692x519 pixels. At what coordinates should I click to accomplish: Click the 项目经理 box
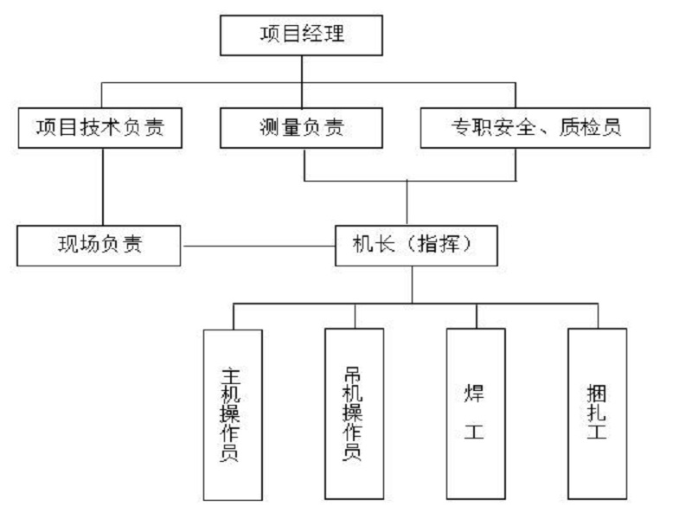pos(301,35)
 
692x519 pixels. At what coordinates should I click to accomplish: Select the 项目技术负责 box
pos(100,128)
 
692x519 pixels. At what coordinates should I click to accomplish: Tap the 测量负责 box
pos(301,128)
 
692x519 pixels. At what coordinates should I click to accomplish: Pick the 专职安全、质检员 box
pos(535,128)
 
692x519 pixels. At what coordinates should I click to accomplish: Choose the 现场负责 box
pos(99,246)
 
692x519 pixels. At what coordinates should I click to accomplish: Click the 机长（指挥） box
pos(417,246)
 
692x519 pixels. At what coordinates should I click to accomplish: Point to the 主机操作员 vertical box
pos(233,415)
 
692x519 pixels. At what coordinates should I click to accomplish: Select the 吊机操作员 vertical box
pos(355,414)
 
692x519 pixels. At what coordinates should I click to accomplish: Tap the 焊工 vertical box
pos(476,414)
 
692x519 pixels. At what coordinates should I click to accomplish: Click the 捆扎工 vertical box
pos(598,414)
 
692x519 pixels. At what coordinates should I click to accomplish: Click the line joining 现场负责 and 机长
pos(259,246)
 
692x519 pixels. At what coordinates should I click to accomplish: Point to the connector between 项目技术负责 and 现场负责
pos(103,187)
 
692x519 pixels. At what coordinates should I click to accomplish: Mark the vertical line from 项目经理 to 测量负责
pos(302,82)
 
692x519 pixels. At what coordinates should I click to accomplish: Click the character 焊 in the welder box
pos(474,394)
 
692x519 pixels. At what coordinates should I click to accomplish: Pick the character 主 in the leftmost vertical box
pos(230,376)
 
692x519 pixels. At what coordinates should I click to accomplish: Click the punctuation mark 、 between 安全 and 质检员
pos(548,131)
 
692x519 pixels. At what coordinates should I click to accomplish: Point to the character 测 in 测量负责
pos(270,127)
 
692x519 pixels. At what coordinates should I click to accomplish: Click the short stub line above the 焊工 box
pos(477,316)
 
